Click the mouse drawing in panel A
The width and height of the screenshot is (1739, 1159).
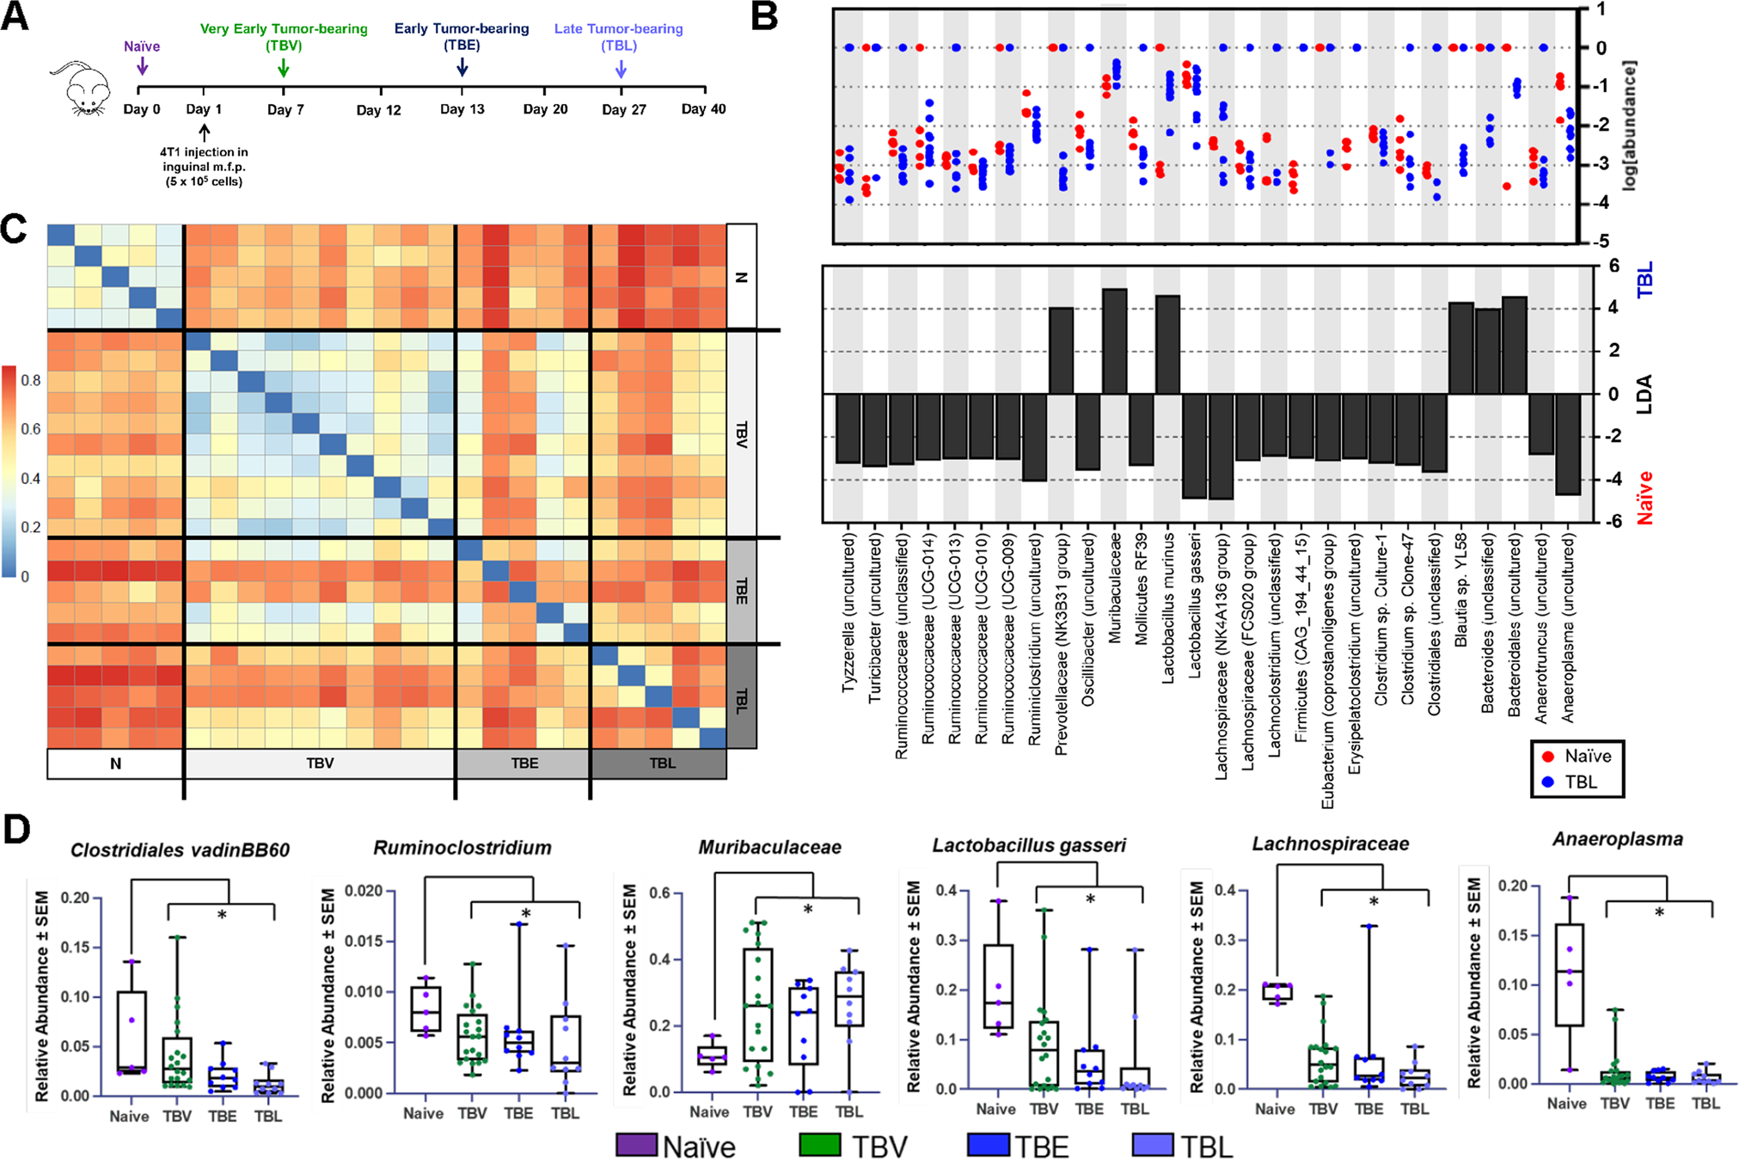(84, 89)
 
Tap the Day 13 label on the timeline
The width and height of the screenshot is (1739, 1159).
(462, 109)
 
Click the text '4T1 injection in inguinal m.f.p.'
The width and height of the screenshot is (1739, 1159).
(204, 159)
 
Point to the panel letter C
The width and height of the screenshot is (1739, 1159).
(16, 230)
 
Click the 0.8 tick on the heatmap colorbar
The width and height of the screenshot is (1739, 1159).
(31, 380)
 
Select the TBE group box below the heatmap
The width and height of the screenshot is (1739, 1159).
(524, 763)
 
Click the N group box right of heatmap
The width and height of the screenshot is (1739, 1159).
(742, 277)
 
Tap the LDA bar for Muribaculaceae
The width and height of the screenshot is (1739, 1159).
(1114, 341)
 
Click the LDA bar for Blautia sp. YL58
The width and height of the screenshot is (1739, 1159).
(1460, 348)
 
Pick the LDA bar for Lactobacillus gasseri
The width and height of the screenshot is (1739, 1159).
(1194, 445)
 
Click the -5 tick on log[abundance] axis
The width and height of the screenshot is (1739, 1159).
(1601, 242)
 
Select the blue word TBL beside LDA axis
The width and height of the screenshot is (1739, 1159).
(1644, 282)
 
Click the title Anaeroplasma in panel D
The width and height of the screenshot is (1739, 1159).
(1617, 839)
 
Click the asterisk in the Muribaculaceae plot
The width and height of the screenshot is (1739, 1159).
(808, 910)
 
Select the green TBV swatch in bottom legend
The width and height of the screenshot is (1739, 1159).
(819, 1145)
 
